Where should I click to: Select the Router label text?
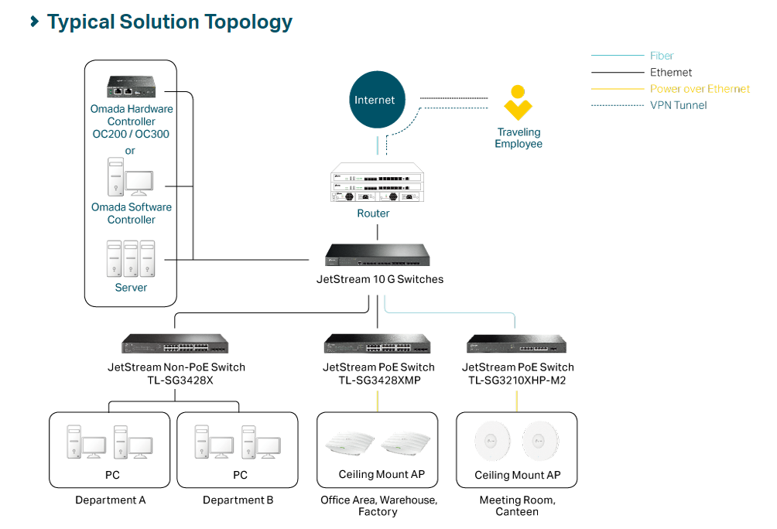click(x=373, y=213)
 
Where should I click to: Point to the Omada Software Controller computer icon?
click(x=129, y=178)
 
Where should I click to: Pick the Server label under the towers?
click(x=131, y=288)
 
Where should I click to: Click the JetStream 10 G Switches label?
click(x=380, y=279)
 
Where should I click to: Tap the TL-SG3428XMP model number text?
click(x=379, y=380)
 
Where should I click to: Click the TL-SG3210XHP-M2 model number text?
click(x=518, y=380)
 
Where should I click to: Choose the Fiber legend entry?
click(x=662, y=56)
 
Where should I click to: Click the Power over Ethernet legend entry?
click(x=700, y=89)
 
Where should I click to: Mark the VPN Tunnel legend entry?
click(x=678, y=105)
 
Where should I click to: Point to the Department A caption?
click(x=110, y=500)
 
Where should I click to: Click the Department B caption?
click(x=238, y=500)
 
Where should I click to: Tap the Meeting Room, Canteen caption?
click(x=517, y=506)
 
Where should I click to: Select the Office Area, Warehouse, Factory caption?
click(x=378, y=506)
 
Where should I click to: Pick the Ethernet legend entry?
click(x=671, y=73)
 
